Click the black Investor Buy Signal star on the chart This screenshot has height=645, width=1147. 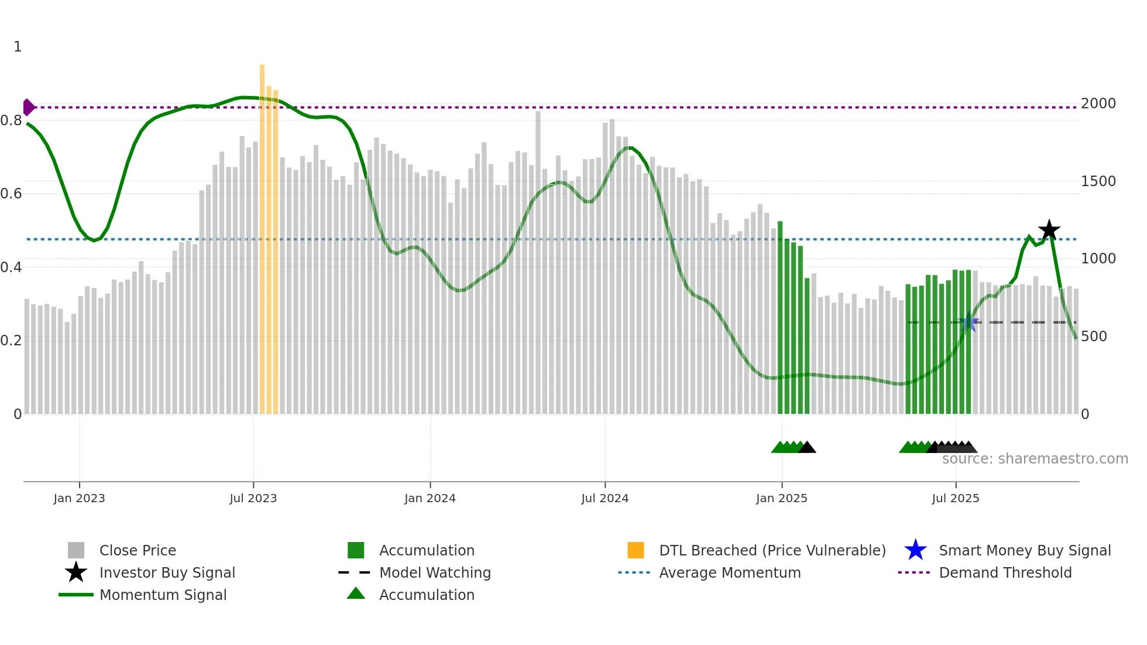pos(1049,230)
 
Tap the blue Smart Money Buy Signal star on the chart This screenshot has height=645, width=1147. pos(969,322)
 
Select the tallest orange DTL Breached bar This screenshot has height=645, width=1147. pos(262,234)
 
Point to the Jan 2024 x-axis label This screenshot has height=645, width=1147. pos(430,498)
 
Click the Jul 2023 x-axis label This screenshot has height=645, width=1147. pos(253,498)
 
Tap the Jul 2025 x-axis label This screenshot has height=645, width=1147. pos(955,498)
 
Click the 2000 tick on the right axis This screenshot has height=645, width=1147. pos(1098,104)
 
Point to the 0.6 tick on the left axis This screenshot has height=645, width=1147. pos(12,194)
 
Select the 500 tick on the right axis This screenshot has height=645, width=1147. pos(1094,337)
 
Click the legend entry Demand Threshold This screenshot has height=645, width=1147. pos(1005,572)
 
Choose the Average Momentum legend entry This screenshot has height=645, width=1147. pos(729,572)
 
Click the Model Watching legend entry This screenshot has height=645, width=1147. pos(434,572)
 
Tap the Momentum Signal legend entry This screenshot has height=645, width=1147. pos(163,595)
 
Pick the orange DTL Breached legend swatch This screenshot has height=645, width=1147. pos(635,550)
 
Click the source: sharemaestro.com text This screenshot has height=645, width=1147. pos(1035,459)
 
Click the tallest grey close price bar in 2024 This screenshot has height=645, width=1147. pos(538,263)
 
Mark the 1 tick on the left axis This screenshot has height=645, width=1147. pos(18,47)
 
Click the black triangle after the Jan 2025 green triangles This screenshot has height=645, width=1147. pos(807,448)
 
